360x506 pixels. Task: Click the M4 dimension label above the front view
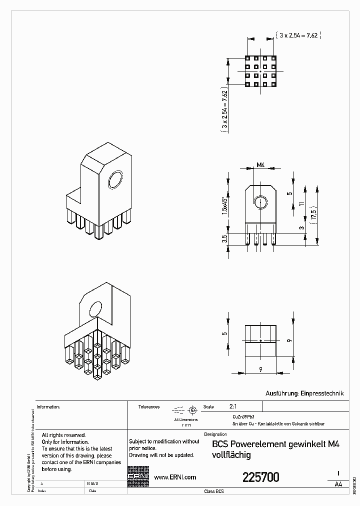(260, 164)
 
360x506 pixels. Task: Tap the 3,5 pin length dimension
(225, 239)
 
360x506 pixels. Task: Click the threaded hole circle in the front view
(260, 203)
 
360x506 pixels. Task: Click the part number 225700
(260, 477)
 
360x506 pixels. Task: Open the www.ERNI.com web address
(174, 477)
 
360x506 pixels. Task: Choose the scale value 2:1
(233, 406)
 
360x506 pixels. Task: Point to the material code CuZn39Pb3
(243, 416)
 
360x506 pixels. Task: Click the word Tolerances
(149, 407)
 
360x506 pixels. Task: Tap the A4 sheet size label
(338, 484)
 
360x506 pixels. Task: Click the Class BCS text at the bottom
(214, 491)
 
